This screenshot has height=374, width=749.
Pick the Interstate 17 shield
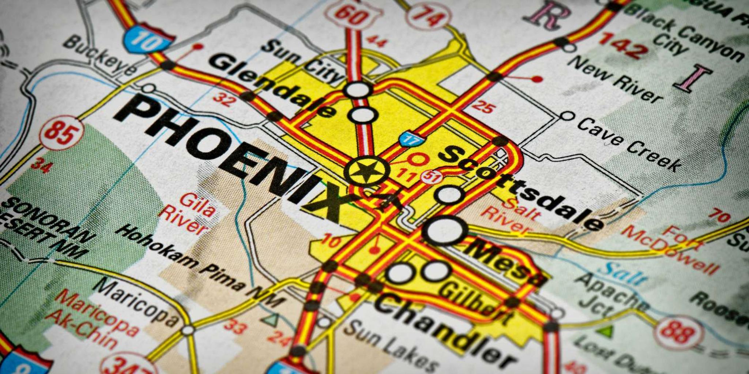(x=411, y=139)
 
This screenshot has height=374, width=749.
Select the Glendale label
(x=272, y=84)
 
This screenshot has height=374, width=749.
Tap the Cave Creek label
(x=629, y=144)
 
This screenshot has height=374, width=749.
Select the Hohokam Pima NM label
(x=199, y=265)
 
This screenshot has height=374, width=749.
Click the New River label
(x=614, y=79)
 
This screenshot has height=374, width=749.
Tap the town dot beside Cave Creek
(x=567, y=116)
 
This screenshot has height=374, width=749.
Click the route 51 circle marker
(x=432, y=177)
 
